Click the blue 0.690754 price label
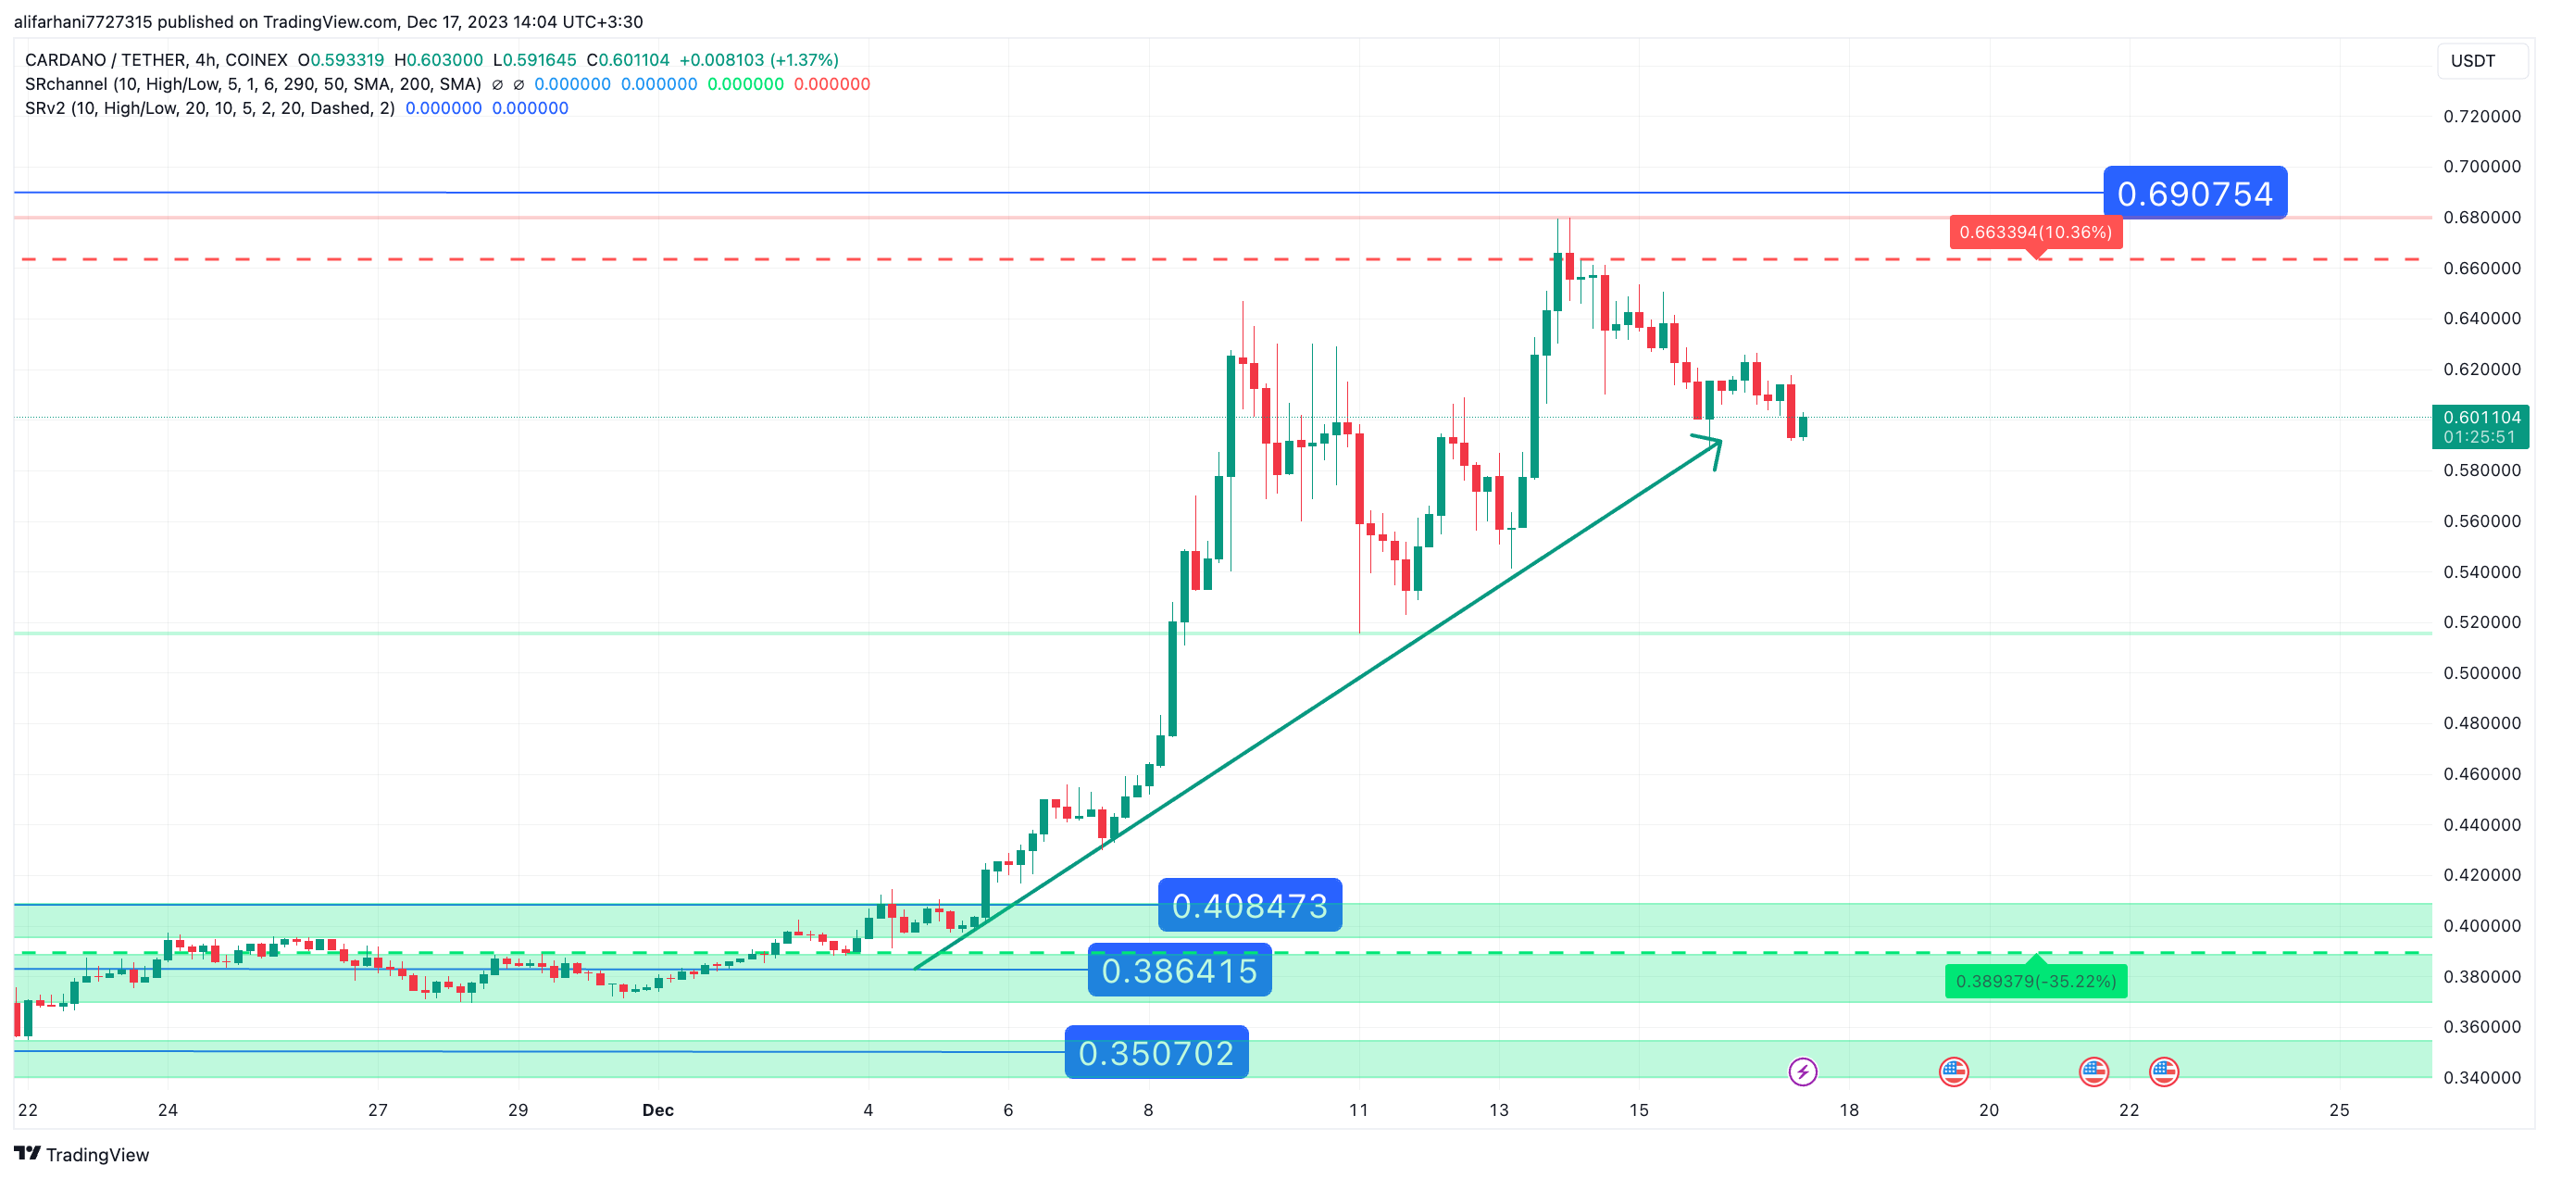[2193, 193]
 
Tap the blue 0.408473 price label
[1249, 906]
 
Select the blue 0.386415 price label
[1179, 971]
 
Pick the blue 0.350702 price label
[1156, 1053]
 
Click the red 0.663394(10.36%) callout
[2034, 232]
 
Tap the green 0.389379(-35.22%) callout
[2035, 981]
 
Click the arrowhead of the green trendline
[1716, 445]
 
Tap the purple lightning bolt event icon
[1802, 1071]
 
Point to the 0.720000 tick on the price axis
[2481, 117]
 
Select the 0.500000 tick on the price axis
[2481, 673]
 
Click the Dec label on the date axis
[658, 1109]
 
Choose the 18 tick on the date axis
[1848, 1109]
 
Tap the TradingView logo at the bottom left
[81, 1154]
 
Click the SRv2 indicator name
[45, 109]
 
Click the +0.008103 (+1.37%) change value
[758, 60]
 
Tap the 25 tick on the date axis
[2338, 1109]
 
